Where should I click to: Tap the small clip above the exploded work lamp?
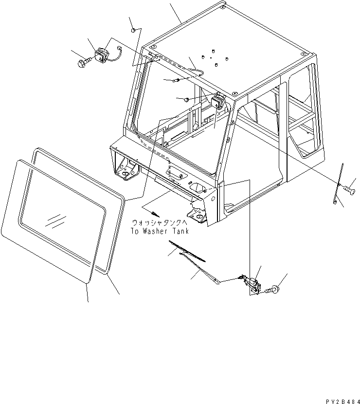(x=133, y=31)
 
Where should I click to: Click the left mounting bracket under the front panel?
(x=125, y=172)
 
